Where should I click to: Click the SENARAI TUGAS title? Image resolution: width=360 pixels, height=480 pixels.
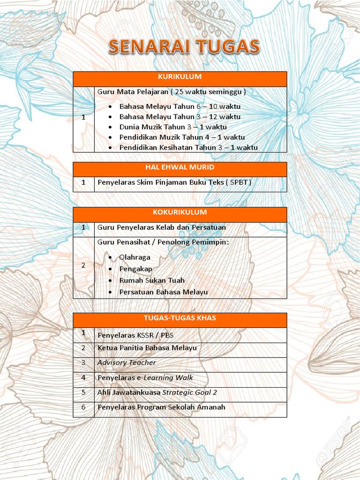point(184,47)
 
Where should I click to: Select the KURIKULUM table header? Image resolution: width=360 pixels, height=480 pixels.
point(180,77)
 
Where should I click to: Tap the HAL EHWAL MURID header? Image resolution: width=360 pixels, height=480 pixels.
point(180,167)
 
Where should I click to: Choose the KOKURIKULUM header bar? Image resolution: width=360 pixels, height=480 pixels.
point(180,213)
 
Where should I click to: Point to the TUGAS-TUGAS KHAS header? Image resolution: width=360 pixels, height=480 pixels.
point(180,318)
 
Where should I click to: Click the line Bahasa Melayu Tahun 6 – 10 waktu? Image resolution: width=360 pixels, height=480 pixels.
point(180,106)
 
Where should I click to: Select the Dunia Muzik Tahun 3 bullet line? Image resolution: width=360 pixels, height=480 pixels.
point(172,127)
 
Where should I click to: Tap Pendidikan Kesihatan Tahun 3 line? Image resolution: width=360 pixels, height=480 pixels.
point(188,148)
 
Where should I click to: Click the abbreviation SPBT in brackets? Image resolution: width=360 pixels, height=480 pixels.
point(240,182)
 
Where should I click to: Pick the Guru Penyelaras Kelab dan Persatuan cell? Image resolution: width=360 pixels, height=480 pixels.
point(162,228)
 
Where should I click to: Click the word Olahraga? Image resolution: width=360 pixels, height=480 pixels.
point(135,257)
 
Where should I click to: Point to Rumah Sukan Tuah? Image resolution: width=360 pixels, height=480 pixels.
point(152,280)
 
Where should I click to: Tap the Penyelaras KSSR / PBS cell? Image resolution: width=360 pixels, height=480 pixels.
point(135,335)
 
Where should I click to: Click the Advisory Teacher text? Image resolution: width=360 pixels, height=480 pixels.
point(127,363)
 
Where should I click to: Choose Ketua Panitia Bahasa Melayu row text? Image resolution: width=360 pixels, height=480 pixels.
point(147,348)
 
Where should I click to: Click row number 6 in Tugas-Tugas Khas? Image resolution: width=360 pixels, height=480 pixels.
point(83,407)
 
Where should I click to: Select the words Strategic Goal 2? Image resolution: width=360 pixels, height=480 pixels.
point(190,393)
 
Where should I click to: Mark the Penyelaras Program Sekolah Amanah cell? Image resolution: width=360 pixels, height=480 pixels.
point(161,407)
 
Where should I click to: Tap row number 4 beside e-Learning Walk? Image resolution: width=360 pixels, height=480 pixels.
point(83,378)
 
